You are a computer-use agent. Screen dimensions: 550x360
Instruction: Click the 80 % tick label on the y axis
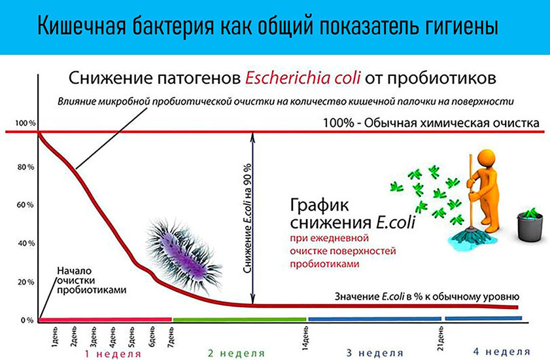(x=26, y=167)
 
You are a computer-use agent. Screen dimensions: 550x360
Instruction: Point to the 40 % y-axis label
(x=26, y=243)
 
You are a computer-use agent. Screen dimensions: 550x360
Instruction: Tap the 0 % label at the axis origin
(x=27, y=320)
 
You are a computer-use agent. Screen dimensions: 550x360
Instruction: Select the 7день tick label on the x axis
(x=171, y=336)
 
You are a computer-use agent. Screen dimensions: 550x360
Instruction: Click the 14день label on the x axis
(x=305, y=338)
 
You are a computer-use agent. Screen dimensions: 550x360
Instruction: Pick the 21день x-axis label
(x=441, y=338)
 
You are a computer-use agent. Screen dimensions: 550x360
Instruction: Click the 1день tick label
(x=54, y=337)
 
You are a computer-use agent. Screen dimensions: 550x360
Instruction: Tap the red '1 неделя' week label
(x=113, y=353)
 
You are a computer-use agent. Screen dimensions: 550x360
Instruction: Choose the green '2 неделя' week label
(x=237, y=353)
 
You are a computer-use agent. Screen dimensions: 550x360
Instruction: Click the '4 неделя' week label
(x=502, y=351)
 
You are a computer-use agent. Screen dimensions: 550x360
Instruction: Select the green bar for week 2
(x=239, y=319)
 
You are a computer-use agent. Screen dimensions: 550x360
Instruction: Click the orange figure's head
(x=486, y=158)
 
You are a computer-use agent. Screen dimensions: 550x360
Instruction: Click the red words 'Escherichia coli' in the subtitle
(x=303, y=78)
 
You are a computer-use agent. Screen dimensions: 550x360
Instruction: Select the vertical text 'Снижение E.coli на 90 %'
(x=248, y=218)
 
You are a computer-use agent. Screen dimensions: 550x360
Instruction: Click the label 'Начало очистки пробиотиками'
(x=92, y=280)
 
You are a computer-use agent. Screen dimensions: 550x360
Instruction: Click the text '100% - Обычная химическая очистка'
(x=431, y=123)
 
